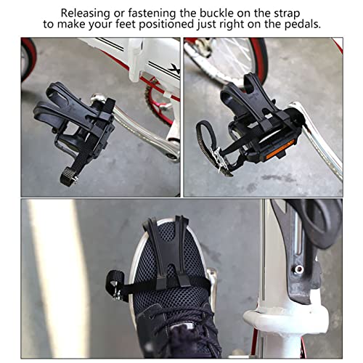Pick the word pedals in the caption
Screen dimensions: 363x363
301,25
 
